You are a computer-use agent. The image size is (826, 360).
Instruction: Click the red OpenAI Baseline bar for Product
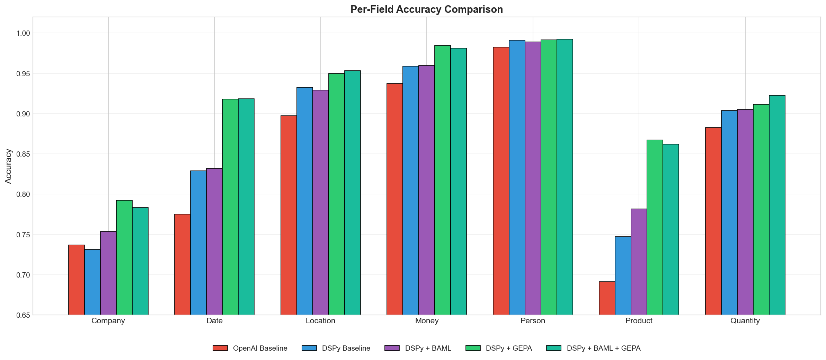tap(607, 298)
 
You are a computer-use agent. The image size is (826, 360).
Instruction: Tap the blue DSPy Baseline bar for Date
tap(198, 243)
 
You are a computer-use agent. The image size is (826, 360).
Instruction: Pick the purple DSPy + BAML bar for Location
tap(320, 202)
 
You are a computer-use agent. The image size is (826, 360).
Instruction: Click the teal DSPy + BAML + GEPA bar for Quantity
tap(777, 205)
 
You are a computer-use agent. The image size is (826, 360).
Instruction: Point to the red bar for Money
tap(394, 199)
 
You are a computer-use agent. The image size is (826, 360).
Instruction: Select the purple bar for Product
tap(639, 262)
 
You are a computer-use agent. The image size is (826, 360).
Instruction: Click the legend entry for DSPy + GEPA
tap(508, 348)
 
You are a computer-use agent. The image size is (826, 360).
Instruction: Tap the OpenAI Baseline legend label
tap(260, 348)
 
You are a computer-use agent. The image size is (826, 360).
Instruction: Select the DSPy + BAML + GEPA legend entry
tap(603, 348)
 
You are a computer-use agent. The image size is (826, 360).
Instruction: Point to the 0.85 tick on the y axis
tap(23, 154)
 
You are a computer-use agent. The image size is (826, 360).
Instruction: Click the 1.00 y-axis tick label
tap(23, 33)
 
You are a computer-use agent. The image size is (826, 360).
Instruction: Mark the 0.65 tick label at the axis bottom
tap(23, 315)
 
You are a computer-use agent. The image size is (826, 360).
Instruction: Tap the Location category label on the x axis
tap(320, 321)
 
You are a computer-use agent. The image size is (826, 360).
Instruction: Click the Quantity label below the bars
tap(745, 321)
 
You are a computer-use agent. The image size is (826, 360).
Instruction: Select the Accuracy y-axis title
tap(8, 166)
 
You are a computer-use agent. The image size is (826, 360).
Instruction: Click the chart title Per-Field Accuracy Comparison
tap(426, 9)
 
